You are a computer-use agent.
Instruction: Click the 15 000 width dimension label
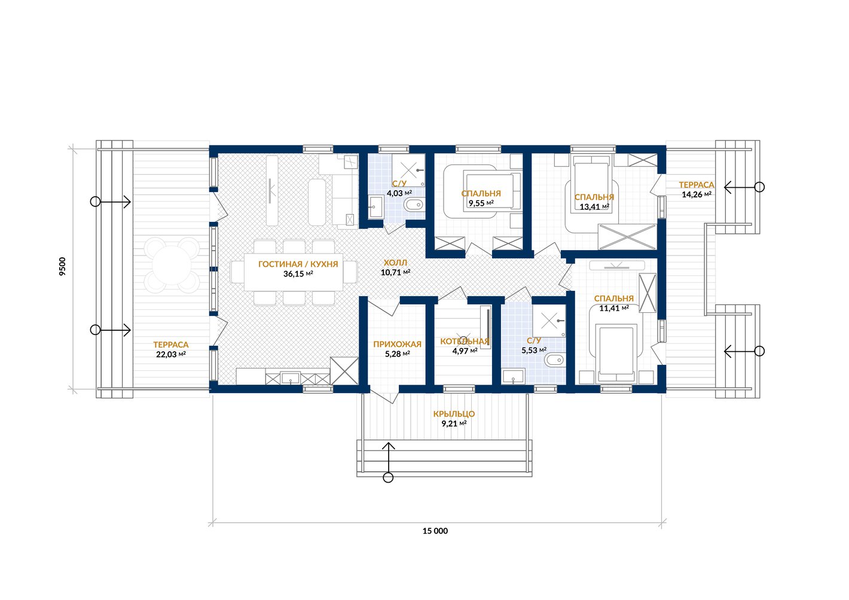(435, 531)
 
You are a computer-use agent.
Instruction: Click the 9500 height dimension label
(63, 266)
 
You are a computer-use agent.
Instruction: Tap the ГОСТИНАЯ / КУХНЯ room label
(298, 264)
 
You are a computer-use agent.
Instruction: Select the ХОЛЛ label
(395, 263)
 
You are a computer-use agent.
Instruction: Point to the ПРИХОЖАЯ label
(397, 344)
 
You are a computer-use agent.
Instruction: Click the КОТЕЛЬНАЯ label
(465, 342)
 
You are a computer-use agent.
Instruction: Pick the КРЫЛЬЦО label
(454, 414)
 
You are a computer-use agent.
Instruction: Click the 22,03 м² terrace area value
(171, 354)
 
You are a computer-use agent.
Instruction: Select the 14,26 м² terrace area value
(697, 194)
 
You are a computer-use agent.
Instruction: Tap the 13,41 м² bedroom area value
(594, 207)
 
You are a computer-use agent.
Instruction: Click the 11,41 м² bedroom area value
(614, 308)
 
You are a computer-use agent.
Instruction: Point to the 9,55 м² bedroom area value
(481, 203)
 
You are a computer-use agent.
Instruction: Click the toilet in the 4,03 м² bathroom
(413, 205)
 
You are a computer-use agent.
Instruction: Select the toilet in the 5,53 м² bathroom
(554, 360)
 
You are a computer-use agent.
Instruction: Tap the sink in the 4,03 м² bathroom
(375, 207)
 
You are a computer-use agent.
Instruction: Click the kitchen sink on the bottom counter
(291, 378)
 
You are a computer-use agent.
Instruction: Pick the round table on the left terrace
(172, 265)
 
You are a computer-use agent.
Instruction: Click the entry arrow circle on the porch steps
(388, 477)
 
